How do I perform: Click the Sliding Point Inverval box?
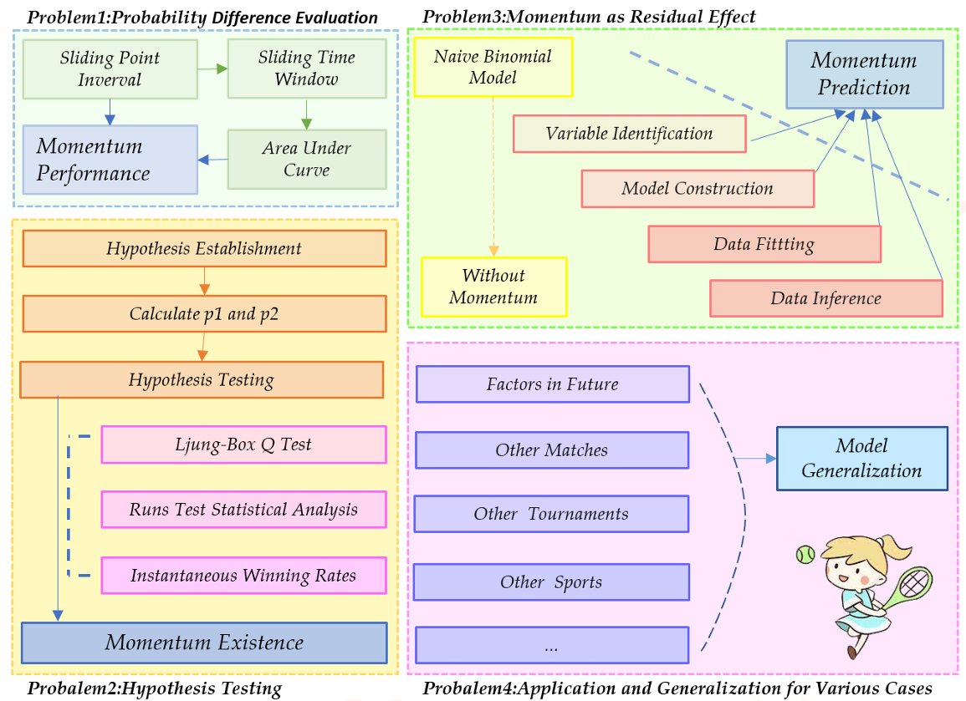(x=110, y=69)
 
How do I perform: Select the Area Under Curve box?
(x=306, y=159)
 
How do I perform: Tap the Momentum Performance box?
(x=110, y=160)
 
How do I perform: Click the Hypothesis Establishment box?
(x=204, y=248)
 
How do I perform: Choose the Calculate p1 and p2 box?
(x=204, y=314)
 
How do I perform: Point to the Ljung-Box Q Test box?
(x=243, y=444)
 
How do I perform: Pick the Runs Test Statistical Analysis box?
(x=243, y=510)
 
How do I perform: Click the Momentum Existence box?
(x=204, y=643)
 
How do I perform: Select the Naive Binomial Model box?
(x=493, y=68)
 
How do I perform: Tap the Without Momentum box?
(x=493, y=287)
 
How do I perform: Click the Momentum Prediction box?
(x=864, y=74)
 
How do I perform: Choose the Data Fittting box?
(x=764, y=244)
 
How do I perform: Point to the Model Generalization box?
(x=861, y=458)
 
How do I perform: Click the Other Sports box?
(x=551, y=582)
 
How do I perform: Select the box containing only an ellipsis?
(x=551, y=646)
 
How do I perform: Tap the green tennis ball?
(x=805, y=555)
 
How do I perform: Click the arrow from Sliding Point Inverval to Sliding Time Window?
(x=212, y=69)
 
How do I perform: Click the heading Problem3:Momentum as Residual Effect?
(x=589, y=16)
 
